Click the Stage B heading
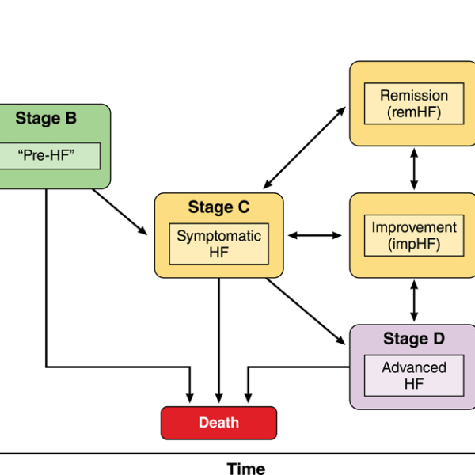pos(46,118)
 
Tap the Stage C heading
pos(218,207)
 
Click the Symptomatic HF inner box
pos(218,244)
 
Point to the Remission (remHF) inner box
pos(414,104)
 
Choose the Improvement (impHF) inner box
pos(414,236)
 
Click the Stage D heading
pos(414,339)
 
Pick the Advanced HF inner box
pos(414,375)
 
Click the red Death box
pos(218,423)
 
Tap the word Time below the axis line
pos(246,469)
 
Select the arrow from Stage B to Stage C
pos(120,212)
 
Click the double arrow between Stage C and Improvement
pos(315,235)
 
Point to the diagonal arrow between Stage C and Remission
pos(305,147)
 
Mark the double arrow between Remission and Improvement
pos(414,169)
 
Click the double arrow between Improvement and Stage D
pos(414,301)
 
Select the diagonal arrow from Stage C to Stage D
pos(306,311)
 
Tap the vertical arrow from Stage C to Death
pos(219,340)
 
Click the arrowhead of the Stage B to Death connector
pos(190,398)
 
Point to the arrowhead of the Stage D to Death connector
pos(248,398)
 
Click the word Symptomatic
pos(218,236)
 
